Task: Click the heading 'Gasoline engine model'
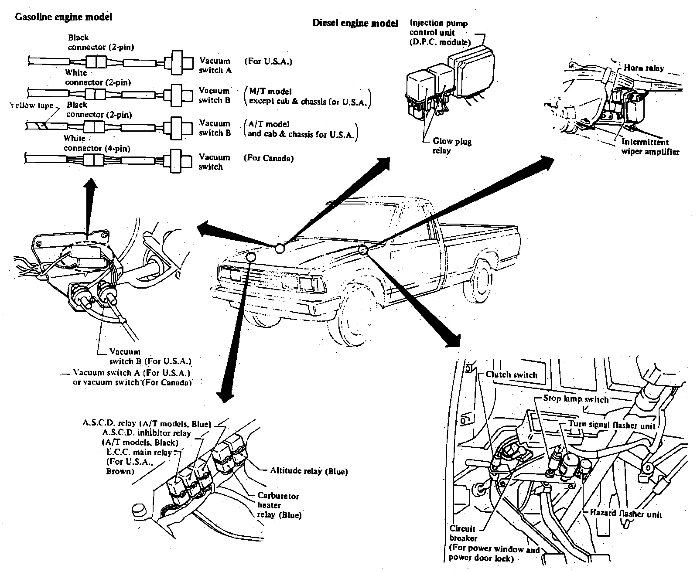tap(63, 17)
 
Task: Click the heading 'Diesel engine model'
tap(355, 23)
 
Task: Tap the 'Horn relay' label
tap(644, 68)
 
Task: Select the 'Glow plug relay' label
tap(452, 146)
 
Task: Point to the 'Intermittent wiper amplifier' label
tap(650, 147)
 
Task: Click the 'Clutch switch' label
tap(511, 375)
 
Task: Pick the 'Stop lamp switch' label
tap(576, 399)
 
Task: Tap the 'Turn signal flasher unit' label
tap(612, 425)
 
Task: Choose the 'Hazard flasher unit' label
tap(625, 513)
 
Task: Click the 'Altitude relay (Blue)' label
tap(309, 471)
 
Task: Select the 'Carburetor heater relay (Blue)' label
tap(280, 505)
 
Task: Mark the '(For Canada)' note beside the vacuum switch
tap(269, 158)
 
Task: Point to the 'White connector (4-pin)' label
tap(97, 143)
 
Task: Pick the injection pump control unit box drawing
tap(471, 75)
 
